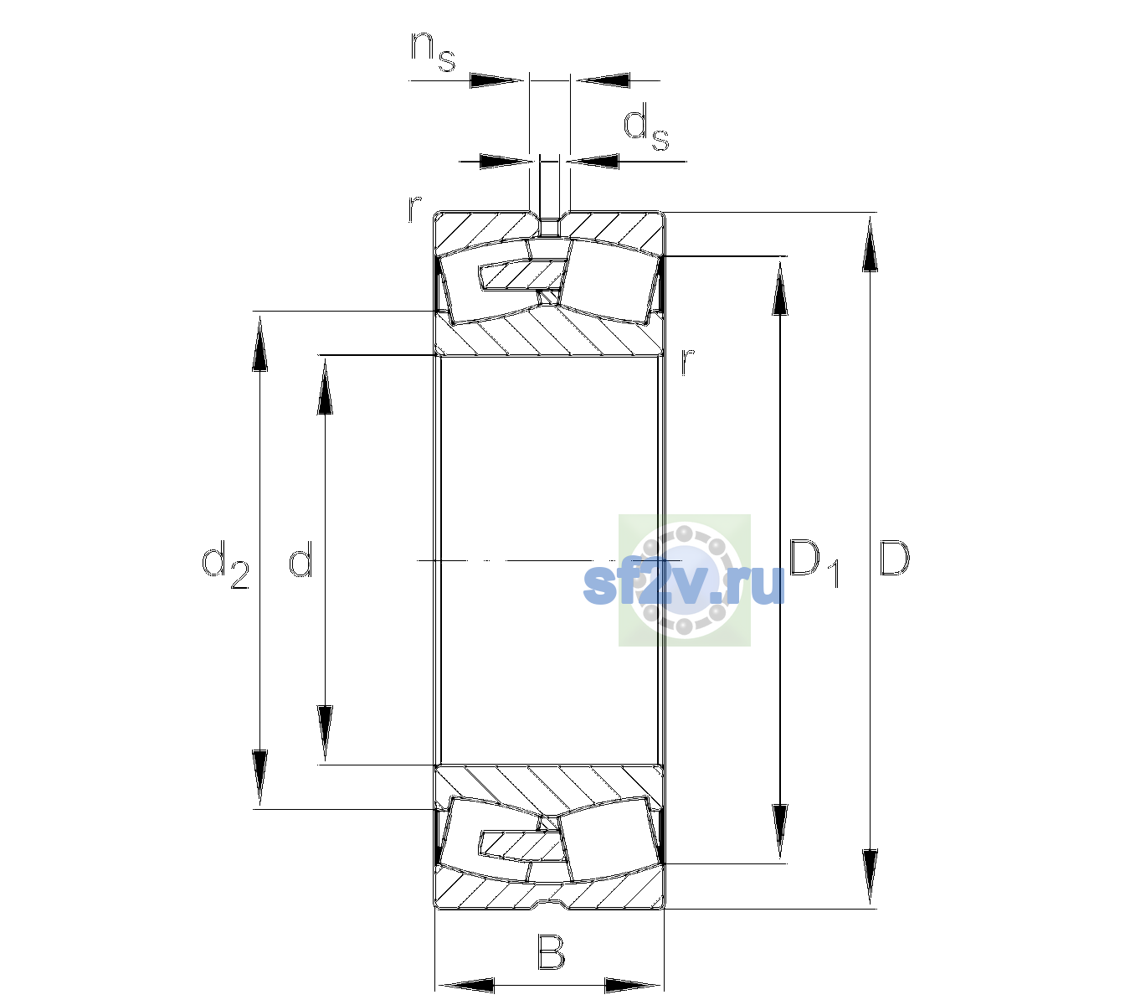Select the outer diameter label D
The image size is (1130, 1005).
pos(894,558)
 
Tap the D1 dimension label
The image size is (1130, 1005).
pos(814,563)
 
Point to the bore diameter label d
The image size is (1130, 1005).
pos(300,558)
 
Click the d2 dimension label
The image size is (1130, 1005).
pos(225,564)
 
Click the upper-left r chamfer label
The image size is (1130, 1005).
pos(414,209)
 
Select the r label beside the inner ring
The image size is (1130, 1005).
pos(688,362)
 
